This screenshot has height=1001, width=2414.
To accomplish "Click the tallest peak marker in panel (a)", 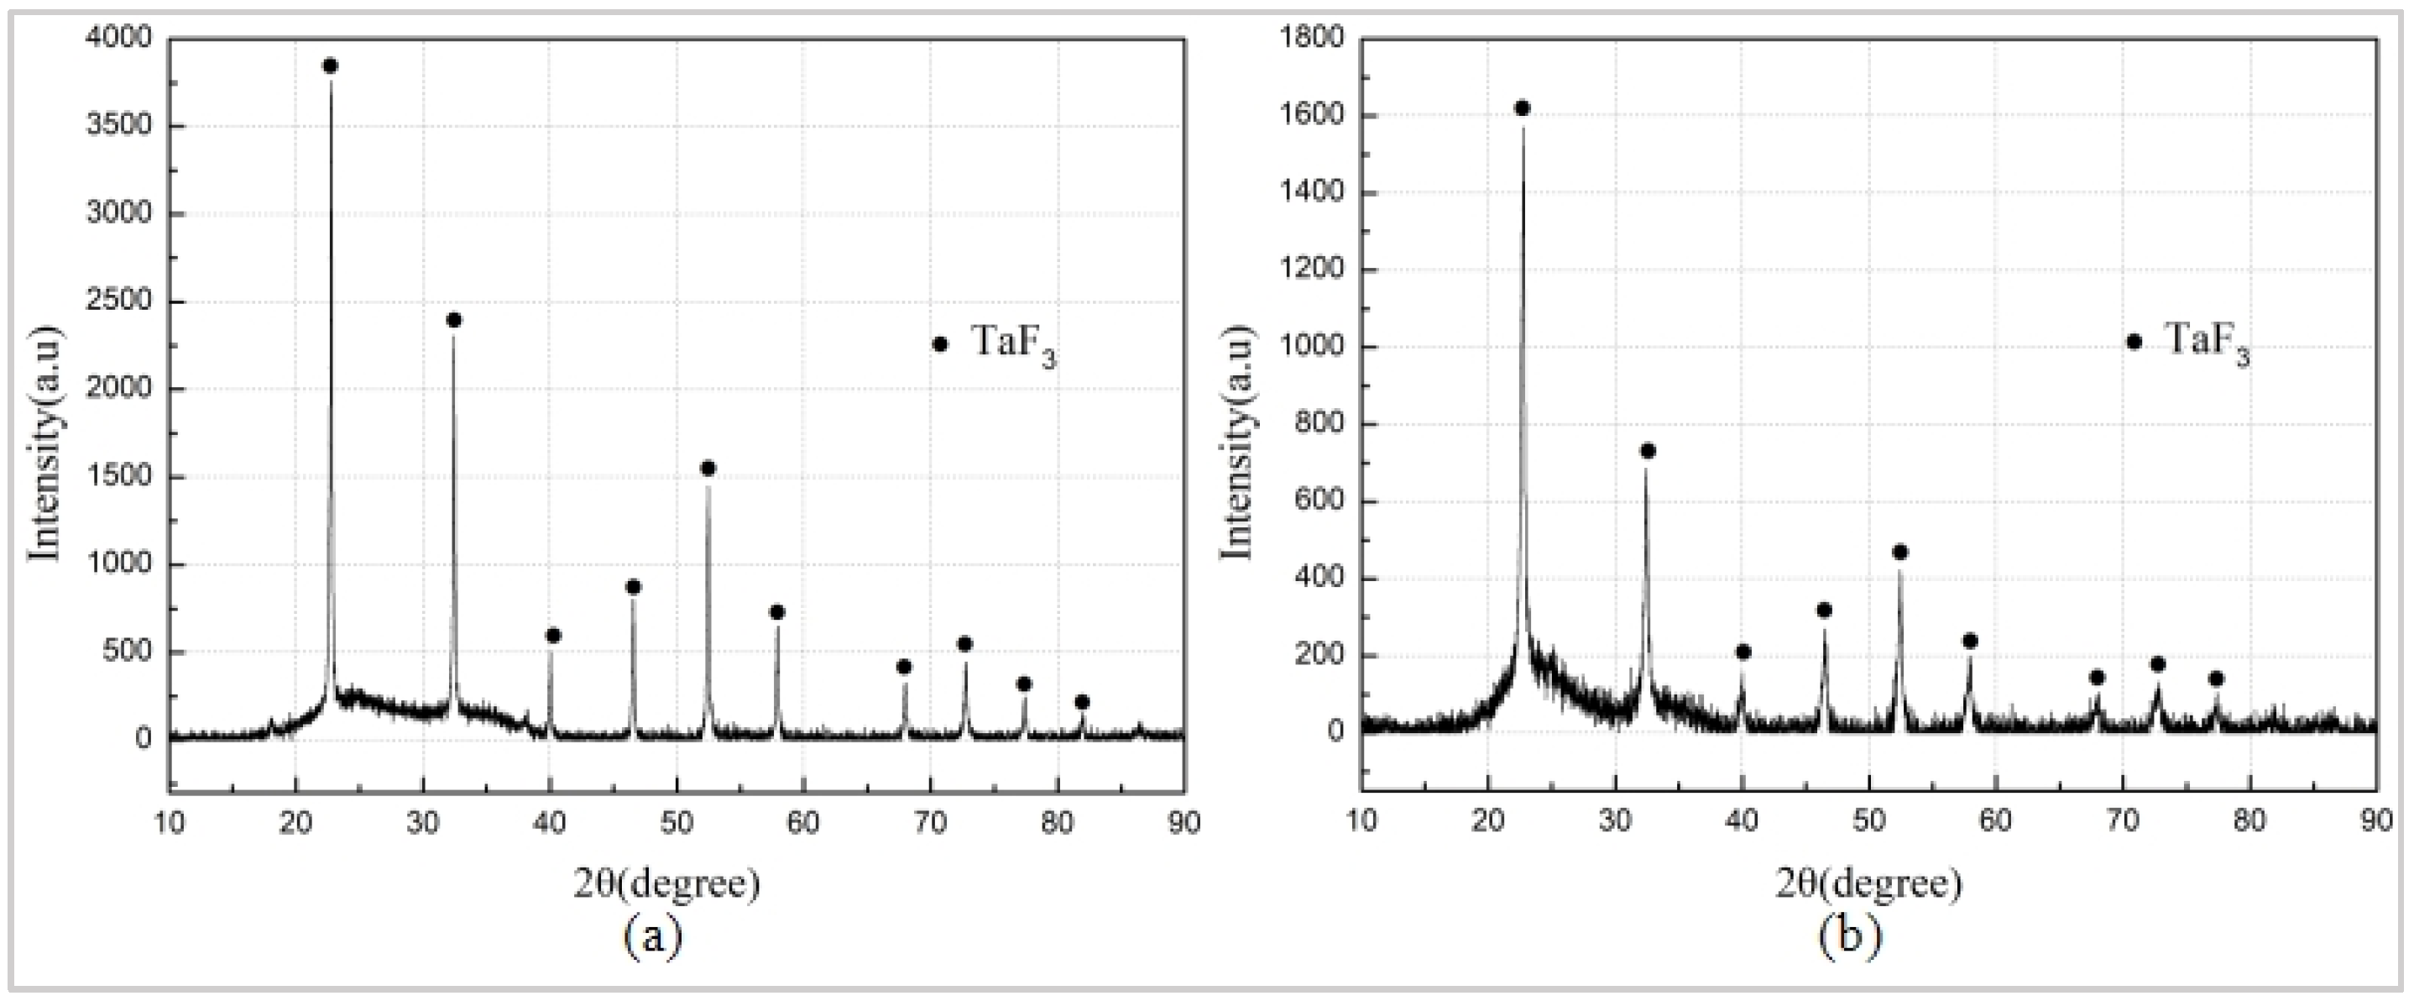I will tap(330, 66).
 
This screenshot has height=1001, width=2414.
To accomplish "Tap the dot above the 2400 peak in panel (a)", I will tap(454, 321).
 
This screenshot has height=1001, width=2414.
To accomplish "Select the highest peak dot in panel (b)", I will tap(1522, 108).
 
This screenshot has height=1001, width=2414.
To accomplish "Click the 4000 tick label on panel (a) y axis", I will tap(118, 39).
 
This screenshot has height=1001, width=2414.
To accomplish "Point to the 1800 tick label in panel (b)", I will tap(1311, 39).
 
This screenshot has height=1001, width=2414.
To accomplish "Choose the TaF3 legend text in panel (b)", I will tap(2206, 341).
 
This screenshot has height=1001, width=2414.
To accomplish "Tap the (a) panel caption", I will tap(653, 935).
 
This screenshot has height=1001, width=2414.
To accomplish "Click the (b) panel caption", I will tap(1849, 935).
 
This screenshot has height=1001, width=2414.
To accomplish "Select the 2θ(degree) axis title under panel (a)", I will tap(666, 883).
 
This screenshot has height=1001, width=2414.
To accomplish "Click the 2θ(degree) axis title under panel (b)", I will tap(1868, 883).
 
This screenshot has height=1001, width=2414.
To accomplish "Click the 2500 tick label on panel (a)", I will tap(118, 301).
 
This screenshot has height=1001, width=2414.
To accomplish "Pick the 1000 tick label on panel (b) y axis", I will tap(1311, 347).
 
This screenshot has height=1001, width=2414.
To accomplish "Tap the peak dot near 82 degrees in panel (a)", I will tap(1083, 702).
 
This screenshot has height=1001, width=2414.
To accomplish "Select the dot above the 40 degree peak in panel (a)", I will tap(553, 636).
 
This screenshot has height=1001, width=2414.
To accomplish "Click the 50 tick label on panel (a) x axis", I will tap(677, 823).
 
